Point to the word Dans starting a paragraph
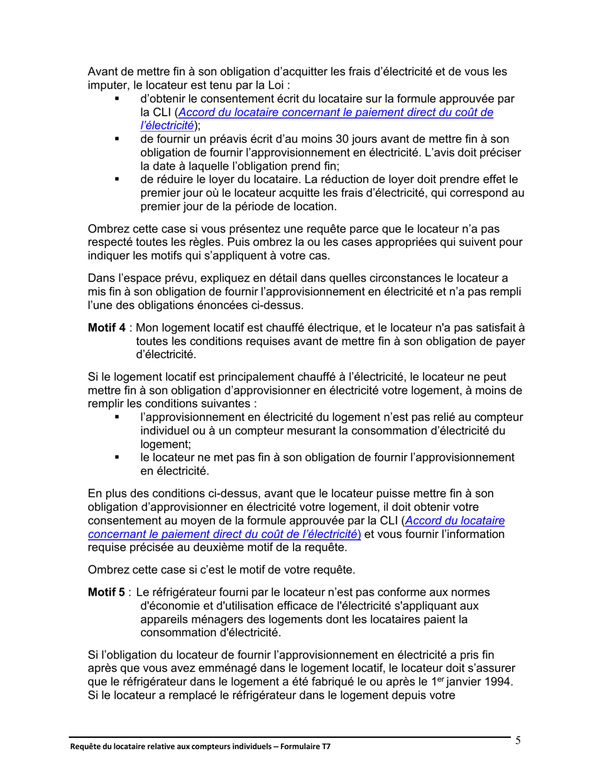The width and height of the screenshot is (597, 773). pos(101,279)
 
